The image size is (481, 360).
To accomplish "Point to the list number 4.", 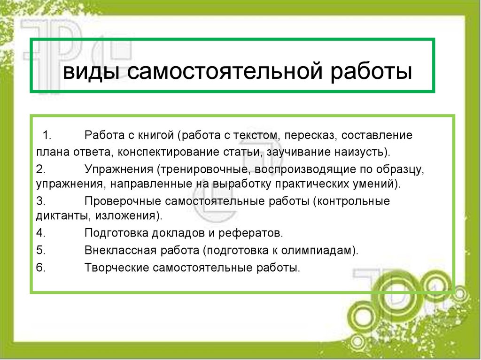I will (40, 233).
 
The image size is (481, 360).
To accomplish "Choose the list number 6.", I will (40, 268).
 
